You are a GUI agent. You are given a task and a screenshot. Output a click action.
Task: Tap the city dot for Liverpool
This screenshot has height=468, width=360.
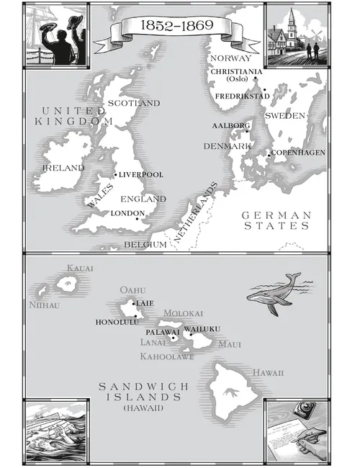pos(114,175)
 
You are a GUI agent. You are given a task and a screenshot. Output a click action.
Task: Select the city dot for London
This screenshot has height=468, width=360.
pos(137,219)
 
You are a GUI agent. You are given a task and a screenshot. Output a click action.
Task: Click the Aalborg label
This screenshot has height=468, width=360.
pos(230,125)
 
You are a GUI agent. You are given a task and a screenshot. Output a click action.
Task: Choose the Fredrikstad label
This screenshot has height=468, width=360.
pos(243,95)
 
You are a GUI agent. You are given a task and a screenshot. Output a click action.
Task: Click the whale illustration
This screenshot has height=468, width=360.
pos(274,294)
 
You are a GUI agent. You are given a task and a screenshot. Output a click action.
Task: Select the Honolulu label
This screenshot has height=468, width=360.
pos(118,322)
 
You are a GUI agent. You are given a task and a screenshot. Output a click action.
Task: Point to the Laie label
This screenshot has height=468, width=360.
pos(145,304)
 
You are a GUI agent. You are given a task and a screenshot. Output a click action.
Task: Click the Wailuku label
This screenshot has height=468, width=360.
pos(202,329)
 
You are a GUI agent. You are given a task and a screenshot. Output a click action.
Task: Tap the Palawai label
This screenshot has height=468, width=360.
pos(162,332)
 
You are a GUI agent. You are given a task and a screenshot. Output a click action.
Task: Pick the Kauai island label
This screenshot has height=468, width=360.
pos(80,269)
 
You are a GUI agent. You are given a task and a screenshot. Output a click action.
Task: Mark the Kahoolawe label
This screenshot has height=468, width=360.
pos(167,356)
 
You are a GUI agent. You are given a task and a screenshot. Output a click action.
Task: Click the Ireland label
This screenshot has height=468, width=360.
pos(63,168)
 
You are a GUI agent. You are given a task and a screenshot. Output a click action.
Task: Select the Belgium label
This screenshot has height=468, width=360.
pos(145,244)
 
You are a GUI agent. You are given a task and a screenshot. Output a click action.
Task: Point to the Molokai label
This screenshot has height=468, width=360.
pos(184,314)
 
